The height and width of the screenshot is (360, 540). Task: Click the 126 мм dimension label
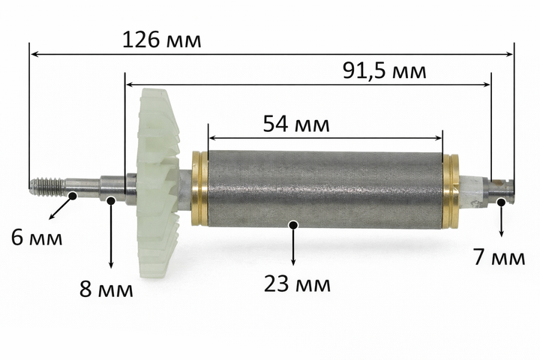(161, 40)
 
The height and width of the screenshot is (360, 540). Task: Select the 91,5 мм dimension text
(384, 71)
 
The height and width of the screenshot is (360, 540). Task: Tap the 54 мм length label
(296, 124)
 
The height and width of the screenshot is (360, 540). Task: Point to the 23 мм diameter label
(297, 284)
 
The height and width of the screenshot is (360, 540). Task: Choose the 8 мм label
(106, 289)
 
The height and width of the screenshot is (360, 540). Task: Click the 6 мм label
(37, 237)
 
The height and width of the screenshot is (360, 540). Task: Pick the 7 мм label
(499, 257)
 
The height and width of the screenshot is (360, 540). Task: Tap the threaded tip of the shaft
(46, 187)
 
